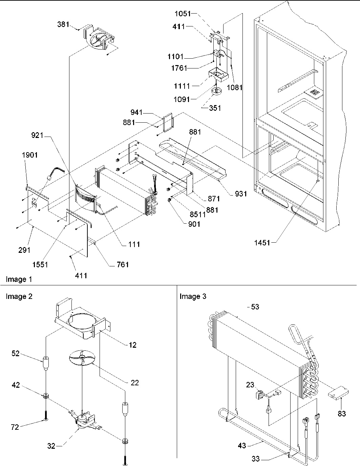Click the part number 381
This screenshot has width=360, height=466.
click(x=63, y=24)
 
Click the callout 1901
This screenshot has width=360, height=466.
click(x=30, y=155)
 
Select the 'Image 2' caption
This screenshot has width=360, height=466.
click(x=19, y=297)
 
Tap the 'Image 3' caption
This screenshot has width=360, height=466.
click(x=193, y=297)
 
